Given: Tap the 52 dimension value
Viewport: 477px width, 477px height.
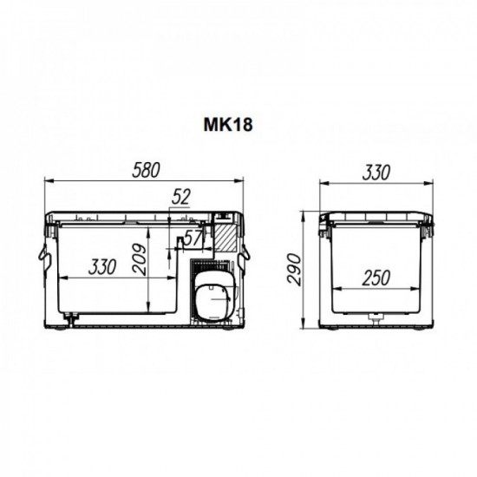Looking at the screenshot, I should coord(180,198).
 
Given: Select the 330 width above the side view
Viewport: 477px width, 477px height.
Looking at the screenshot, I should coord(375,173).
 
